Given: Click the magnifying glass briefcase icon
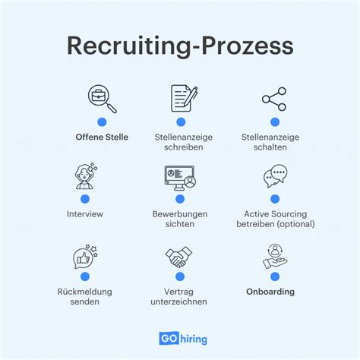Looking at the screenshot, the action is pos(102,99).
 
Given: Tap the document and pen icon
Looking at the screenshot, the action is pos(184,99).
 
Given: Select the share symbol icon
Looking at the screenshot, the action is pos(274,99).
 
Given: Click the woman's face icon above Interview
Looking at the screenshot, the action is pos(86,176).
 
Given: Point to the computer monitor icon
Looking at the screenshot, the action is pos(180,178).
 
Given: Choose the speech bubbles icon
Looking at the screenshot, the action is pos(275,175).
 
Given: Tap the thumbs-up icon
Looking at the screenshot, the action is pos(85,257).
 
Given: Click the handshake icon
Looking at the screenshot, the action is pos(178,257).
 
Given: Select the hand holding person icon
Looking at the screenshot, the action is pos(275,256).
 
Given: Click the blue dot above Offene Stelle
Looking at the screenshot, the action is pos(102,122).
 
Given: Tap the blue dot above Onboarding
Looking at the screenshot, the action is pos(275,276).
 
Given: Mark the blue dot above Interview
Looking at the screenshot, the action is pos(85,199).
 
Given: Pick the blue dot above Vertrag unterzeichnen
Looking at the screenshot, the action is pos(180,276).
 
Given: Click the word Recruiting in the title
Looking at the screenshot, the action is pos(128,46).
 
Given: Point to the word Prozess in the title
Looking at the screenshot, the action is pos(248,46).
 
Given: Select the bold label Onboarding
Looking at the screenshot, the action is pos(270,292).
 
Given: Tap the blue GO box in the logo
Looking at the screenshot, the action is pos(169,338).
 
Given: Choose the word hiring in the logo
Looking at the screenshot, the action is pos(194,339).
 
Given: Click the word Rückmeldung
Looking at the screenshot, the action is pos(85,292).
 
